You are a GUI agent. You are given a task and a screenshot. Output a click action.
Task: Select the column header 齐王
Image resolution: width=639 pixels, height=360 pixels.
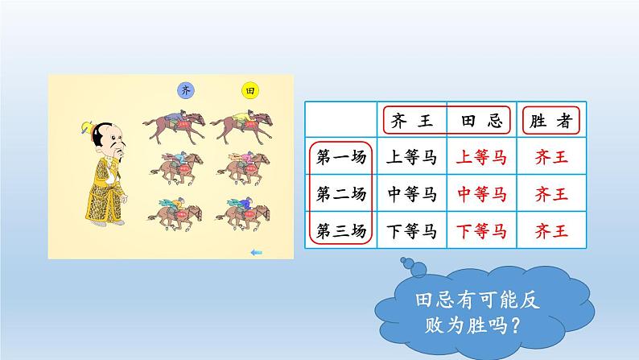tap(413, 122)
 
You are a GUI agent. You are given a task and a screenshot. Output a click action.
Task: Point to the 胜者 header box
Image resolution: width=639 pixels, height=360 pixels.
tap(552, 122)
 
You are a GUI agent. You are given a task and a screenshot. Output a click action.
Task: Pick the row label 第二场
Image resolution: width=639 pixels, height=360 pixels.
tap(341, 194)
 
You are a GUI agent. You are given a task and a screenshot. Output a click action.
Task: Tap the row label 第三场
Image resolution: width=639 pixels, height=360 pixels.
tap(341, 231)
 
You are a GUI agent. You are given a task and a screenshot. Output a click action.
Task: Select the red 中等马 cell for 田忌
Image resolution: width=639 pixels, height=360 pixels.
tap(482, 194)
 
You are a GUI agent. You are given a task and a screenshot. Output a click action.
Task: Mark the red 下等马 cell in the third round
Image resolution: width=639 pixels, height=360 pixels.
tap(482, 231)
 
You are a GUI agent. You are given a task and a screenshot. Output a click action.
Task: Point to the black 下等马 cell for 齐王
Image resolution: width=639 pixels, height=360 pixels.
tap(411, 231)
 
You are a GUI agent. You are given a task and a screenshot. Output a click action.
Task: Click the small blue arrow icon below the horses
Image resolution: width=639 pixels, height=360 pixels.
tap(257, 253)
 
